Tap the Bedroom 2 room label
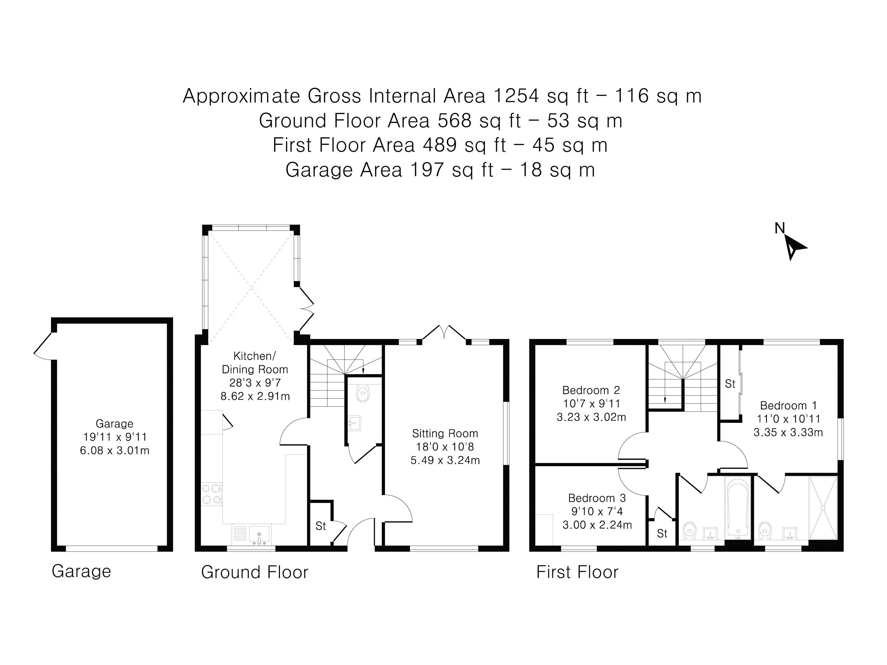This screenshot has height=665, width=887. (591, 390)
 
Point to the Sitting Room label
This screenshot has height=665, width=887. (445, 433)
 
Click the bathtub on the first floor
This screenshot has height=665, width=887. (737, 508)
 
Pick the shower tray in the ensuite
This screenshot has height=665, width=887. (823, 508)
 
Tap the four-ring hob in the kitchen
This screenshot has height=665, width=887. (212, 494)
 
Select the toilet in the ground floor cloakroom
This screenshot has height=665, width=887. (363, 393)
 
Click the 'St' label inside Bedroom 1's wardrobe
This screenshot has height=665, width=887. (730, 384)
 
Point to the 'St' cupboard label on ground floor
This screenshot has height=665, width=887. (320, 526)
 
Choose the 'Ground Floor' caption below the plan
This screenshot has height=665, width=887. (255, 572)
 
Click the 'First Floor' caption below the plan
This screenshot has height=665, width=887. (577, 572)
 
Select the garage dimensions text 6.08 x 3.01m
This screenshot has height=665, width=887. (115, 451)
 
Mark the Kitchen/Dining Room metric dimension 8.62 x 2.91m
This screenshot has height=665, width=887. (255, 396)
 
